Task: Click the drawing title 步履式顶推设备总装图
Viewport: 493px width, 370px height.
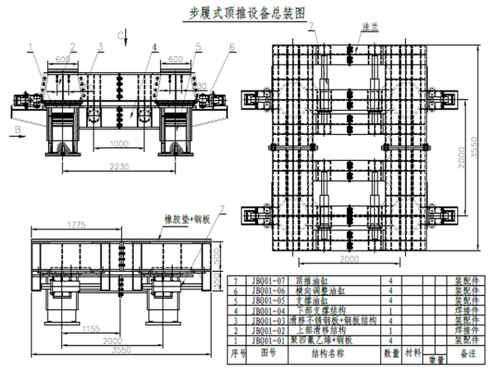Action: (x=246, y=11)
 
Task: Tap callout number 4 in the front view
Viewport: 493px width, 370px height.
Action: (x=154, y=47)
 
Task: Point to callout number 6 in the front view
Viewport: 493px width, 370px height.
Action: (x=232, y=47)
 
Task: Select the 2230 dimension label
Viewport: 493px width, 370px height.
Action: (x=119, y=167)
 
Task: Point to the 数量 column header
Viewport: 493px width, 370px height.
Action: (x=391, y=354)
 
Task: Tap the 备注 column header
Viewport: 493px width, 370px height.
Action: (x=468, y=354)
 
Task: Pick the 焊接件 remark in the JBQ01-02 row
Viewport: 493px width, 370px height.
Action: (x=468, y=330)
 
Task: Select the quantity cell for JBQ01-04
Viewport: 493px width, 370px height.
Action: (x=391, y=310)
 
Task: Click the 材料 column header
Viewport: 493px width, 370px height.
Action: (x=413, y=354)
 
